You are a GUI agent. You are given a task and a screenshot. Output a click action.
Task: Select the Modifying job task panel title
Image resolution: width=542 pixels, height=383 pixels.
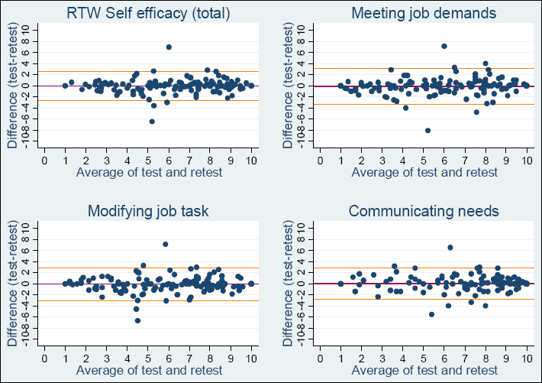click(x=149, y=210)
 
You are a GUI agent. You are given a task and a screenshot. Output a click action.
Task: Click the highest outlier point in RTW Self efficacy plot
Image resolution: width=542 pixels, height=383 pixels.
click(x=169, y=47)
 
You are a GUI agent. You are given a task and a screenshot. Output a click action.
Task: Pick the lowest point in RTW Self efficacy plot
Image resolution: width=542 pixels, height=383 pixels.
click(x=152, y=122)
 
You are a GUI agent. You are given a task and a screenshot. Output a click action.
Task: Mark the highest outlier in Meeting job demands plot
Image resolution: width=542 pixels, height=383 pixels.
click(x=444, y=46)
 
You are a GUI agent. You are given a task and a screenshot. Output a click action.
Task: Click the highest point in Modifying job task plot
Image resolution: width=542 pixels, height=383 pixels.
click(x=165, y=245)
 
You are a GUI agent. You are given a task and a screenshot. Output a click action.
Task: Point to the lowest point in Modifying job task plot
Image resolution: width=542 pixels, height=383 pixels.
click(x=137, y=320)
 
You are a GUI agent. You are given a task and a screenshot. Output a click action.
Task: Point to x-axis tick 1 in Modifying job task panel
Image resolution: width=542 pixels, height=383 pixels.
click(x=65, y=358)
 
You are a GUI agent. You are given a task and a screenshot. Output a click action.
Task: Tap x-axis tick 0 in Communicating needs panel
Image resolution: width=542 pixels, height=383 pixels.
click(x=320, y=358)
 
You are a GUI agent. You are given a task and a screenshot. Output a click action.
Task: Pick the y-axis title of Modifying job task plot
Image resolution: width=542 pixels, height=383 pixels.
click(x=12, y=284)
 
